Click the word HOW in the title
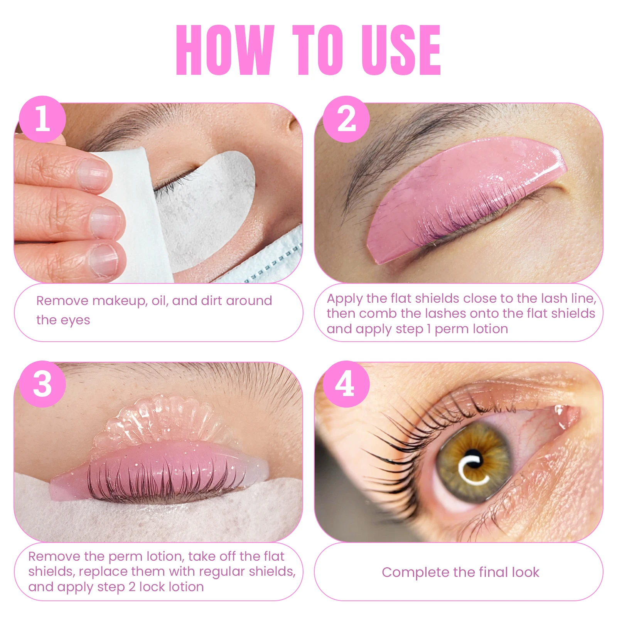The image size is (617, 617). click(x=225, y=50)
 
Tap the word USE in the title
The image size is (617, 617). click(x=401, y=50)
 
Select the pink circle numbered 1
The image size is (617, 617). click(x=42, y=119)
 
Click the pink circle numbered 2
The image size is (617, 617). click(x=346, y=119)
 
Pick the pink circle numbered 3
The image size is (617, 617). click(x=42, y=384)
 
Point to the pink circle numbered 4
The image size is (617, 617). click(x=346, y=384)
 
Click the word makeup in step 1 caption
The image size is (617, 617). click(x=120, y=301)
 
